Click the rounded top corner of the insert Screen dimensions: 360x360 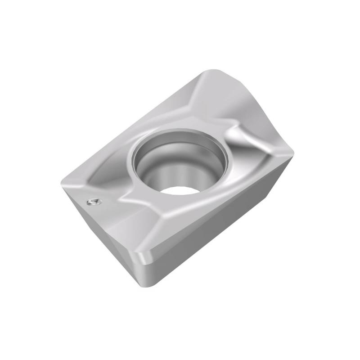(x=211, y=72)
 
